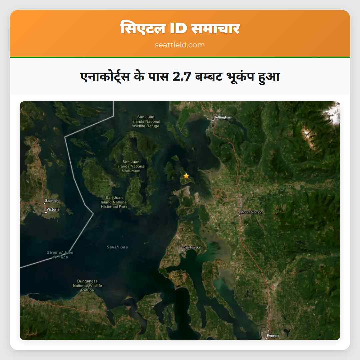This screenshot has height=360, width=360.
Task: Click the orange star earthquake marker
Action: pyautogui.click(x=186, y=176)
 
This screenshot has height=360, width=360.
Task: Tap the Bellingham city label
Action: pyautogui.click(x=223, y=117)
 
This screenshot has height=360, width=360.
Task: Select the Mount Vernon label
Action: pyautogui.click(x=251, y=212)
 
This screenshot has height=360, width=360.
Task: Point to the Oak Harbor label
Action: pyautogui.click(x=192, y=247)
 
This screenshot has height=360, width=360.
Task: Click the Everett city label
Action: pyautogui.click(x=273, y=336)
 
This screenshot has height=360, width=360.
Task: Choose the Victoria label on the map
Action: pyautogui.click(x=53, y=209)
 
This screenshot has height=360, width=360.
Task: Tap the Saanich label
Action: pyautogui.click(x=52, y=201)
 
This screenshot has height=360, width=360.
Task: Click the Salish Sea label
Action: pyautogui.click(x=117, y=247)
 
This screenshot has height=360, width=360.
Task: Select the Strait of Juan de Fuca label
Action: pyautogui.click(x=60, y=255)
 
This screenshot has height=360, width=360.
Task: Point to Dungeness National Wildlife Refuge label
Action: pyautogui.click(x=87, y=286)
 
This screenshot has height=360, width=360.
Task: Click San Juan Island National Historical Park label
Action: pyautogui.click(x=114, y=202)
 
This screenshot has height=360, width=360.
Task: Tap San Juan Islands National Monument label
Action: pyautogui.click(x=131, y=166)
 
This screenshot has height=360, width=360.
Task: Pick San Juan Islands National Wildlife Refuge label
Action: pyautogui.click(x=146, y=121)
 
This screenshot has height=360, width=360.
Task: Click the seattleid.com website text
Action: pyautogui.click(x=180, y=45)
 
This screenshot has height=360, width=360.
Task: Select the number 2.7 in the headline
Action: pyautogui.click(x=182, y=77)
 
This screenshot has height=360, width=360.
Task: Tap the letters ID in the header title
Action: pyautogui.click(x=179, y=29)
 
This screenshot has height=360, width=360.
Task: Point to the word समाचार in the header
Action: pyautogui.click(x=216, y=29)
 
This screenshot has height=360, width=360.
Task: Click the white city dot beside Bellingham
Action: pyautogui.click(x=213, y=120)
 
